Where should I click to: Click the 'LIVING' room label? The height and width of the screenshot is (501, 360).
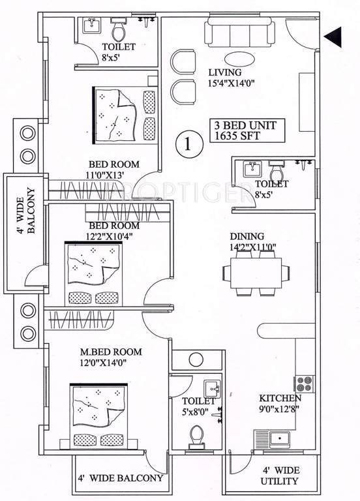click(225, 72)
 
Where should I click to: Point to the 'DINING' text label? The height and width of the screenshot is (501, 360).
click(247, 236)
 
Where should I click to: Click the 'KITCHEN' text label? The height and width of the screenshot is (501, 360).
click(280, 398)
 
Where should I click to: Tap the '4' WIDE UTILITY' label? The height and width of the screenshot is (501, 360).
click(280, 476)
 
